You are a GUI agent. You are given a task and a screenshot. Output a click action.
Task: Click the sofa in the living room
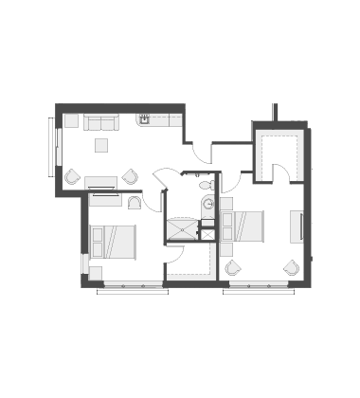100,122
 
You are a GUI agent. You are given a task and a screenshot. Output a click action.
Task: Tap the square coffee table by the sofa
100,145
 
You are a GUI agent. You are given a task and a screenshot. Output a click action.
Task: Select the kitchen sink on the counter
144,119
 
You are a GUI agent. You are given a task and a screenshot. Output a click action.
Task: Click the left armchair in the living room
72,176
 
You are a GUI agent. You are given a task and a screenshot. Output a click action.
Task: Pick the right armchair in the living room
130,176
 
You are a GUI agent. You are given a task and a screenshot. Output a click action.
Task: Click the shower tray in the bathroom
182,229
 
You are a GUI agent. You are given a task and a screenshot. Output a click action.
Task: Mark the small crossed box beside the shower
207,233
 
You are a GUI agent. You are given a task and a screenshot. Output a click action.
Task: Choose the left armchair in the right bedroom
232,268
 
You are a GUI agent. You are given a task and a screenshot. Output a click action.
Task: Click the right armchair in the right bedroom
291,268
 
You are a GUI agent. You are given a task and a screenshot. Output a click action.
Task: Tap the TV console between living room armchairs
100,182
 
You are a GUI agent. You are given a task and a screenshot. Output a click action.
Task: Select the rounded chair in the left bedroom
135,202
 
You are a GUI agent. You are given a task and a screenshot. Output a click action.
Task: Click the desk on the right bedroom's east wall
296,226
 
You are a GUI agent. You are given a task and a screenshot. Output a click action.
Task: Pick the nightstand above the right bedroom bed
226,204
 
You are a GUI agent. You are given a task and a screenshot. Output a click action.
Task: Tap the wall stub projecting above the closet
275,112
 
